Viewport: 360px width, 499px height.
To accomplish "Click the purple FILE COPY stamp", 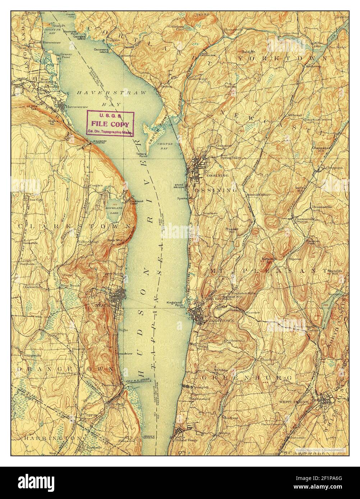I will tap(110, 123).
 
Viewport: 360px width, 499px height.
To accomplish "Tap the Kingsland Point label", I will tap(174, 304).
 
